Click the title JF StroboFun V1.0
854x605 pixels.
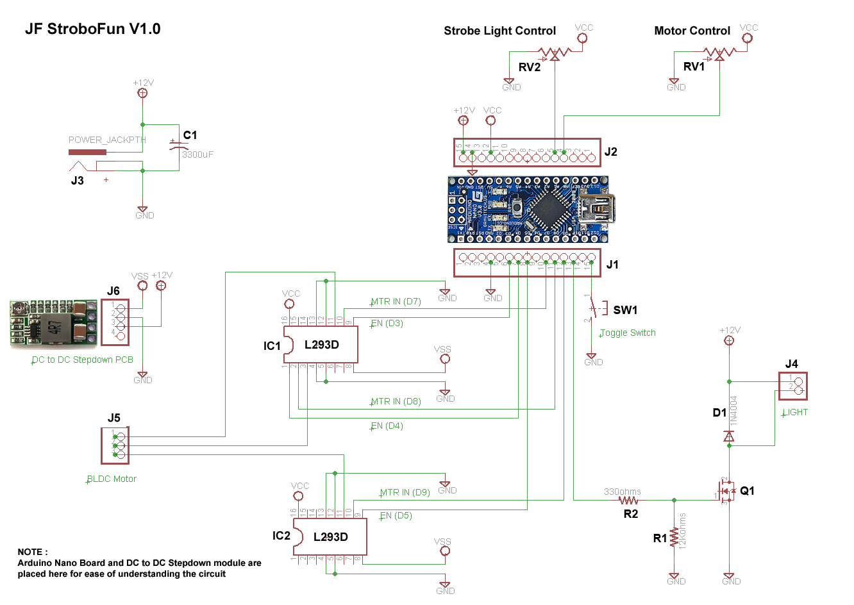click(x=93, y=29)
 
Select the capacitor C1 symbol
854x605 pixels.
click(x=175, y=145)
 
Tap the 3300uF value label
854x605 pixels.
click(x=197, y=154)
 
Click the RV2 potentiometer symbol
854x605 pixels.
click(x=555, y=53)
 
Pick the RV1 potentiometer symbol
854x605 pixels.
click(x=719, y=53)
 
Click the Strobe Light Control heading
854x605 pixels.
click(x=499, y=31)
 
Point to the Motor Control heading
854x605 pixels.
click(x=692, y=31)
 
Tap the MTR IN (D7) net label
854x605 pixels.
click(x=396, y=301)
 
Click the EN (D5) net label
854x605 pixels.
click(x=396, y=515)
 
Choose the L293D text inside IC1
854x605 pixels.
click(x=321, y=345)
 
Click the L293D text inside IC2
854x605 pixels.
click(x=330, y=537)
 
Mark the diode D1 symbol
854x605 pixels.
click(x=729, y=436)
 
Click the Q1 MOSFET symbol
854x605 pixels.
click(x=727, y=492)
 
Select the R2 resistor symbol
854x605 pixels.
click(x=628, y=500)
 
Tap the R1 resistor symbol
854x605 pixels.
click(x=674, y=537)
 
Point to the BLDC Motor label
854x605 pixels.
click(x=112, y=479)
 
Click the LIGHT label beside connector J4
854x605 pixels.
click(x=795, y=412)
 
